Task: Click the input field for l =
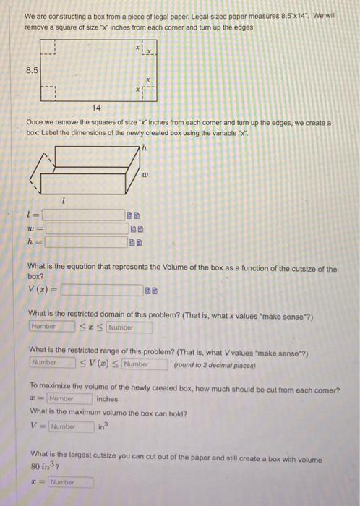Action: [x=83, y=215]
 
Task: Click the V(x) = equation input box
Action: [x=101, y=291]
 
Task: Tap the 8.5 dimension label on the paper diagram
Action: [x=32, y=70]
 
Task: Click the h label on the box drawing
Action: [x=144, y=149]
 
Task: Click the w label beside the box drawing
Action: [x=145, y=174]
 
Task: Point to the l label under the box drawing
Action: [x=65, y=199]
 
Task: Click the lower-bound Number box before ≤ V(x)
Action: [x=51, y=363]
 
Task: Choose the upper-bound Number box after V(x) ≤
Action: [x=145, y=364]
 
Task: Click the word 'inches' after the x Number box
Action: [x=106, y=399]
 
